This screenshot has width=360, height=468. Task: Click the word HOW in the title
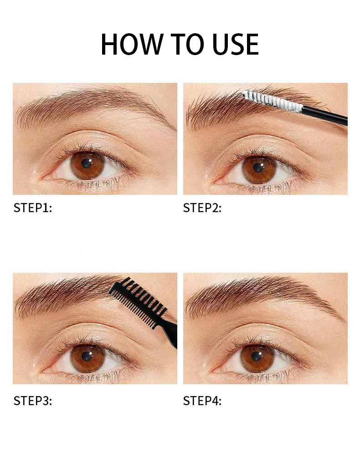tap(131, 44)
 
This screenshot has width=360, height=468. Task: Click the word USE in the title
tap(236, 44)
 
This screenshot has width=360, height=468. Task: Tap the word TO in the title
tap(186, 44)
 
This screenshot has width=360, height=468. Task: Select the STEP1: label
tap(32, 208)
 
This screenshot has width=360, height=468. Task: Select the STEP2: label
tap(202, 208)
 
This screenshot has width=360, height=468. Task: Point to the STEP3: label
tap(32, 401)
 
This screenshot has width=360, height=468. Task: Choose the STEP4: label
tap(202, 401)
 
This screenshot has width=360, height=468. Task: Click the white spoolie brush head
tap(272, 101)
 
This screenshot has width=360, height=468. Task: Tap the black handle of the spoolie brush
tap(324, 115)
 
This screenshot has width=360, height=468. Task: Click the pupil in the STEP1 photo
tap(87, 163)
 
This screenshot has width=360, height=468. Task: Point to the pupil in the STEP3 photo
tap(87, 356)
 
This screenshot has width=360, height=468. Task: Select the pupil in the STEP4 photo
tap(257, 356)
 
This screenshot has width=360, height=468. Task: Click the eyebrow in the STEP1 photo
tap(90, 104)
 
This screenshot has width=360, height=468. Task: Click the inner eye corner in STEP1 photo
tap(43, 178)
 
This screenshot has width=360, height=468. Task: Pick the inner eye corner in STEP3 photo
tap(43, 371)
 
